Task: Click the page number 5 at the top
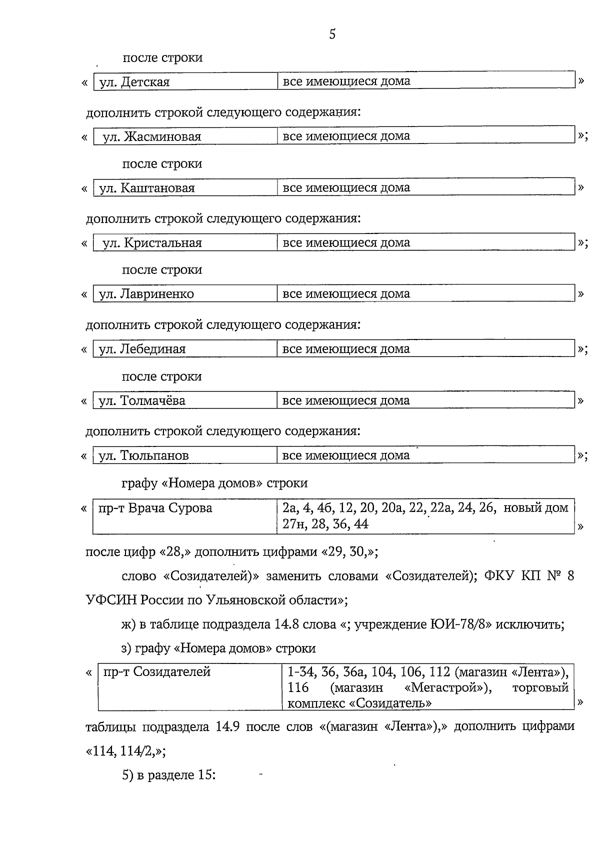coord(332,34)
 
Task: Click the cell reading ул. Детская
coord(134,82)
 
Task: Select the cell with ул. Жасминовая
coord(152,136)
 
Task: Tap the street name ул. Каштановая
coord(147,188)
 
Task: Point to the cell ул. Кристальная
coord(152,243)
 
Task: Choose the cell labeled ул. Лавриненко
coord(146,294)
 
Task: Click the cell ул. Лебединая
coord(142,349)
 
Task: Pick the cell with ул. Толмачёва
coord(142,400)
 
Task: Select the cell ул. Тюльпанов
coord(144,455)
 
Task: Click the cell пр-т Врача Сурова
coord(155,508)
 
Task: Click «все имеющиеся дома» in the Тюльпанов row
coord(346,455)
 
